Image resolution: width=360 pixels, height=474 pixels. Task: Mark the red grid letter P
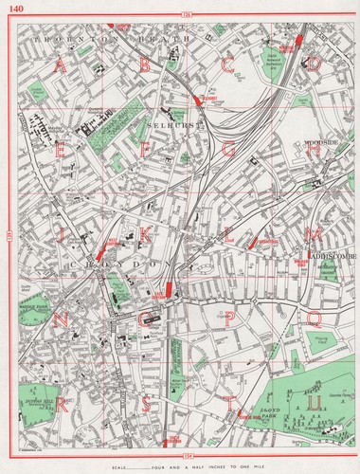click(227, 320)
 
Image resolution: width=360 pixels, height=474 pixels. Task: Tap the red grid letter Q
click(312, 320)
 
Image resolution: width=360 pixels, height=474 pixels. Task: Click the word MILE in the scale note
click(283, 465)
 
